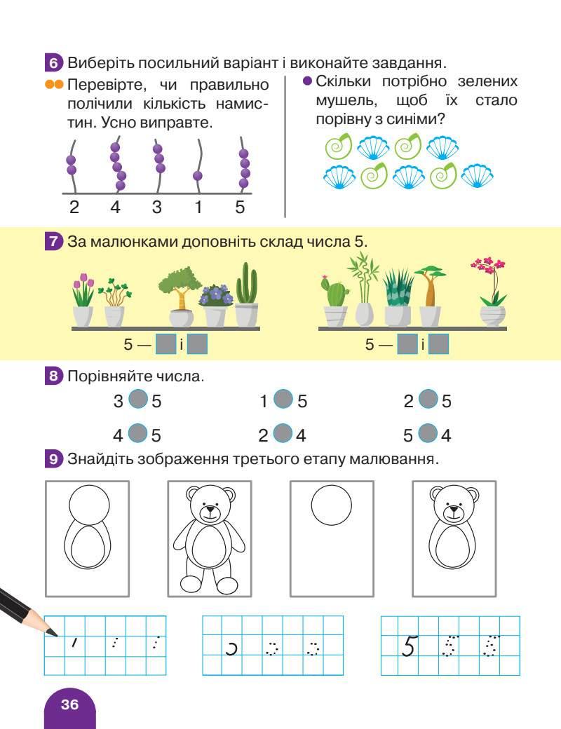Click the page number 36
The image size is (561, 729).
pyautogui.click(x=69, y=704)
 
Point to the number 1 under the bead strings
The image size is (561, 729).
pyautogui.click(x=198, y=207)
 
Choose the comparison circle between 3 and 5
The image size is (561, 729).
pyautogui.click(x=139, y=400)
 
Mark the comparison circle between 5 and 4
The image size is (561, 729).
pyautogui.click(x=427, y=434)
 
